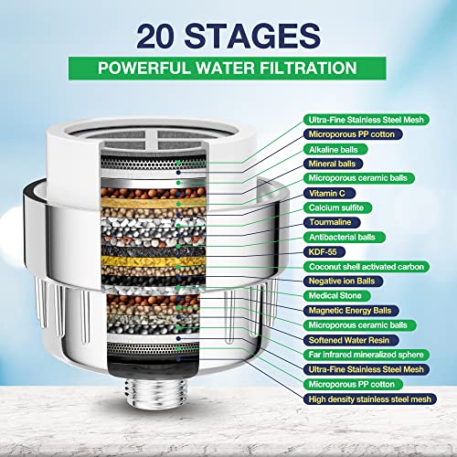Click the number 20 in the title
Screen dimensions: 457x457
coord(156,37)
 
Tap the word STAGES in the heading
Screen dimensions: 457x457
coord(252,37)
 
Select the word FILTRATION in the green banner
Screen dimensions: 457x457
coord(308,68)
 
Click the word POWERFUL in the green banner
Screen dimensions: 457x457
coord(145,68)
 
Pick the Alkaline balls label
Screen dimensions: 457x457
coord(335,149)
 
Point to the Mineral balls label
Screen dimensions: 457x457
coord(333,164)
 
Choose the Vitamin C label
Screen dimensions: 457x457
coord(329,193)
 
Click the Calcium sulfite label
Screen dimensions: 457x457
coord(337,207)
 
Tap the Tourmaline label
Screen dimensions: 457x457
coord(332,222)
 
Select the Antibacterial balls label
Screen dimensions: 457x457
coord(345,237)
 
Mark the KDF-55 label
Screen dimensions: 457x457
coord(324,252)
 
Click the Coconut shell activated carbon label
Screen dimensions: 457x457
coord(367,267)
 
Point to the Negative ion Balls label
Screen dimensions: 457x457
coord(343,282)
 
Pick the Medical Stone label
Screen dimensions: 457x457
coord(336,295)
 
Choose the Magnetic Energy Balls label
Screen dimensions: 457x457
coord(351,311)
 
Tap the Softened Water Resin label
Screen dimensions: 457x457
coord(351,340)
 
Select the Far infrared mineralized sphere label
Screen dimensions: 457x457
coord(367,355)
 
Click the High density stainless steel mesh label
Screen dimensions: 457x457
coord(370,399)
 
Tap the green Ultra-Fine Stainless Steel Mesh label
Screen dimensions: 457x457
coord(367,120)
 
